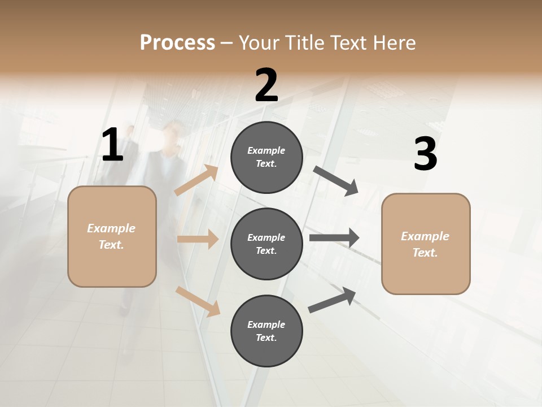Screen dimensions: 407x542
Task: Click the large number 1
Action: (112, 145)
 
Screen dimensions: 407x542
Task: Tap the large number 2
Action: (266, 85)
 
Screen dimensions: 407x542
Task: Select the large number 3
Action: (425, 154)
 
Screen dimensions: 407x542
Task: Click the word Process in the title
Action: (177, 42)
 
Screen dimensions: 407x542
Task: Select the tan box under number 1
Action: (112, 236)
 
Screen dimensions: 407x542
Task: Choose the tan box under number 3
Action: (426, 244)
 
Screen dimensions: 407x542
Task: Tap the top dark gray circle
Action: (266, 157)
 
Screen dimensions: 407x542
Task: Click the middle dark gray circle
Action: (266, 244)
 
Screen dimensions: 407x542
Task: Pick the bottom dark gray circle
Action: (266, 331)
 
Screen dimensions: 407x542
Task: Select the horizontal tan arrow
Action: (198, 239)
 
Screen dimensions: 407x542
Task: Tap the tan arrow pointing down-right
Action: (198, 302)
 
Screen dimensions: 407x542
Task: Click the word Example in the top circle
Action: (266, 150)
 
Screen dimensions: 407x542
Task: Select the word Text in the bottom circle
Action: (265, 338)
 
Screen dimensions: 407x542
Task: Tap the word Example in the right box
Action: (425, 236)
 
